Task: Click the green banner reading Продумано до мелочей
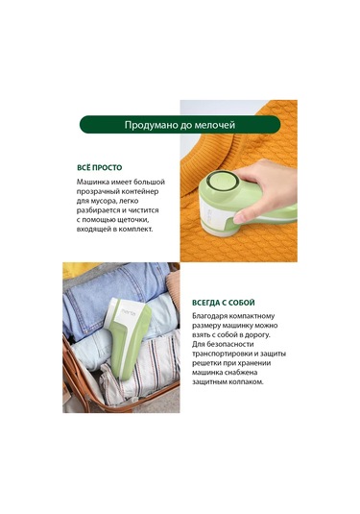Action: pos(180,125)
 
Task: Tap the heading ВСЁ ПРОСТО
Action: pos(100,167)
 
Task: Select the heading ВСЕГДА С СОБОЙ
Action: pos(224,303)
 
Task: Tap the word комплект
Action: pos(135,229)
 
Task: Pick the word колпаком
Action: pos(247,381)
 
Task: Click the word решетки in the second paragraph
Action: pos(205,363)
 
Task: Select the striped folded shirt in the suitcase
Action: pos(149,367)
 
